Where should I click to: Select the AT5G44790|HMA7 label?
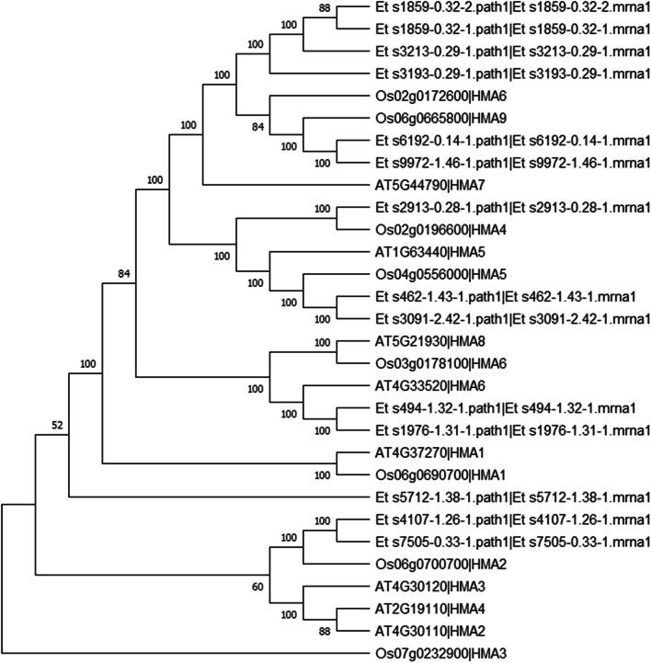[424, 183]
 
